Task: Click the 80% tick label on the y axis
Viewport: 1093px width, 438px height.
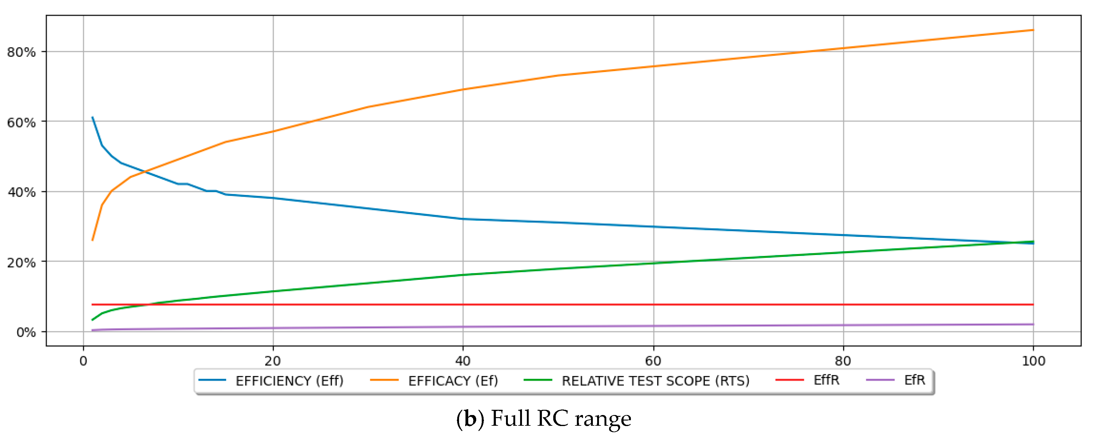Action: pos(21,53)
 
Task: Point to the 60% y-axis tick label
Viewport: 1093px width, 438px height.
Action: pos(21,123)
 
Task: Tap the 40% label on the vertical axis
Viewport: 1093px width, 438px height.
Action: pos(21,192)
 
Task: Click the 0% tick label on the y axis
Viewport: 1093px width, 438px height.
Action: pos(26,333)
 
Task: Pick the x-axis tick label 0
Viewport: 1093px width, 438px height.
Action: pos(83,361)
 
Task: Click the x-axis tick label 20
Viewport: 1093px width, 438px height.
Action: pos(273,361)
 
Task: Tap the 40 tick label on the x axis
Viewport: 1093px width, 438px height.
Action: pos(463,361)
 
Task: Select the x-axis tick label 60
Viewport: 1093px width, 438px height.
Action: pos(653,361)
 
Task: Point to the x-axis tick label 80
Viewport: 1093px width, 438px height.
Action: pos(843,361)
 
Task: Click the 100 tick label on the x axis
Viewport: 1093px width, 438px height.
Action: pos(1033,361)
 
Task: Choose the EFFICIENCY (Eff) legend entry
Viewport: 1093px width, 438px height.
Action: pos(289,381)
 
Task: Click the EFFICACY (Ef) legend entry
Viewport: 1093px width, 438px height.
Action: pos(453,381)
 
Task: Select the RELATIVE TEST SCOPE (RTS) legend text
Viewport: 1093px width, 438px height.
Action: pos(655,381)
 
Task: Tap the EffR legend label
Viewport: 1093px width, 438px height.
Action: pos(826,380)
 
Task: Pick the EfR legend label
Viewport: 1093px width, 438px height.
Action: pos(914,380)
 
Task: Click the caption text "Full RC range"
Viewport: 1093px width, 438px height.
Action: pos(561,418)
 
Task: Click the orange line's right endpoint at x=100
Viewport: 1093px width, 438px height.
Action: pos(1033,30)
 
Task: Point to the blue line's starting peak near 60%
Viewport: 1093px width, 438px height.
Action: pos(92,117)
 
